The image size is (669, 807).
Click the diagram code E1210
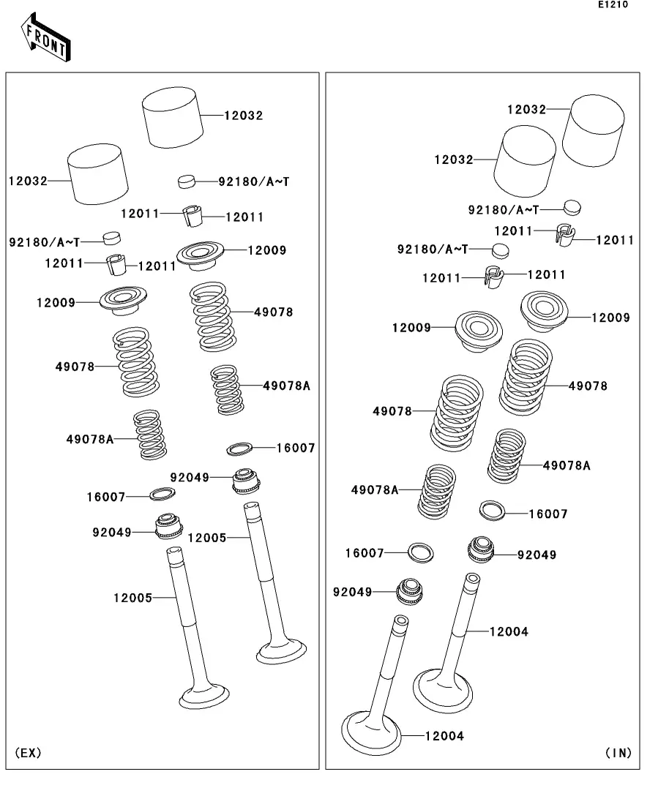tap(612, 5)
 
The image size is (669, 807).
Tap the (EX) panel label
tap(28, 752)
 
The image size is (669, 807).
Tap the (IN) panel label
tap(618, 752)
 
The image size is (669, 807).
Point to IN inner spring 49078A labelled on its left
tap(437, 490)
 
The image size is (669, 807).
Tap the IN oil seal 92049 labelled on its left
tap(409, 590)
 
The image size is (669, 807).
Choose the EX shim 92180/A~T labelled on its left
tap(111, 237)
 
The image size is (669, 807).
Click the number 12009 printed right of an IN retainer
tap(610, 318)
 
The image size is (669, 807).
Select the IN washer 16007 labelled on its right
tap(493, 510)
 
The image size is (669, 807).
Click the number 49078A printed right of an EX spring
tap(286, 386)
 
